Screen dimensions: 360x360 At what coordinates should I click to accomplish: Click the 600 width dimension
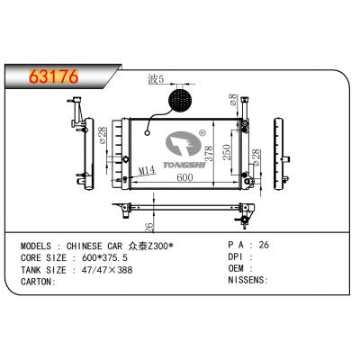pos(184,178)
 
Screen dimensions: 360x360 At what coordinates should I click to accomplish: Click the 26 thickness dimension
pos(148,226)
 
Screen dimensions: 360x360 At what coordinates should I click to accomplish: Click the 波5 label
pos(155,80)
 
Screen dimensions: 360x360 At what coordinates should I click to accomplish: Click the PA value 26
pos(263,245)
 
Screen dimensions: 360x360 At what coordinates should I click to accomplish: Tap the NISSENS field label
pos(246,280)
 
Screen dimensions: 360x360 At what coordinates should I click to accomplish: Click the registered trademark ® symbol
pos(202,133)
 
